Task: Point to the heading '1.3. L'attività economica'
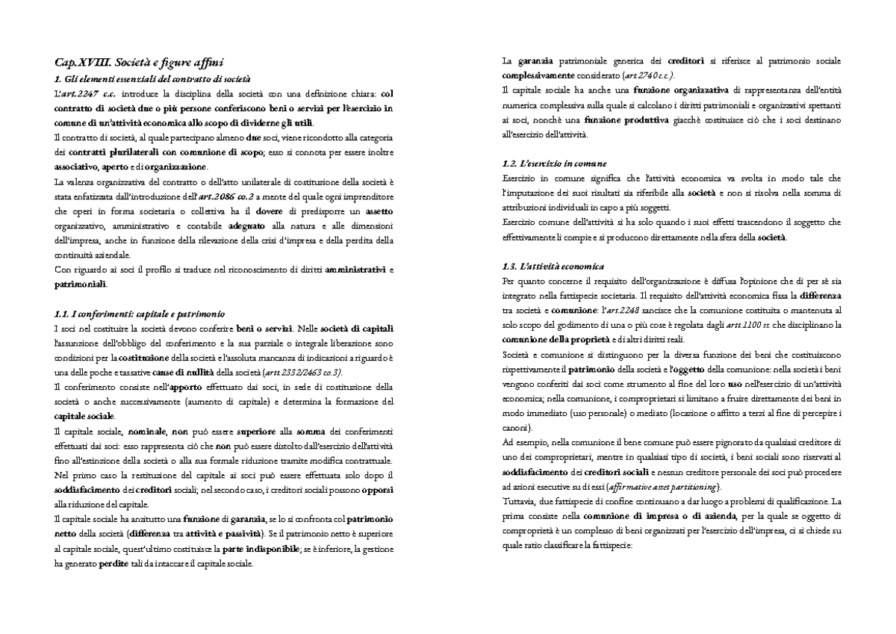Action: point(553,266)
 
